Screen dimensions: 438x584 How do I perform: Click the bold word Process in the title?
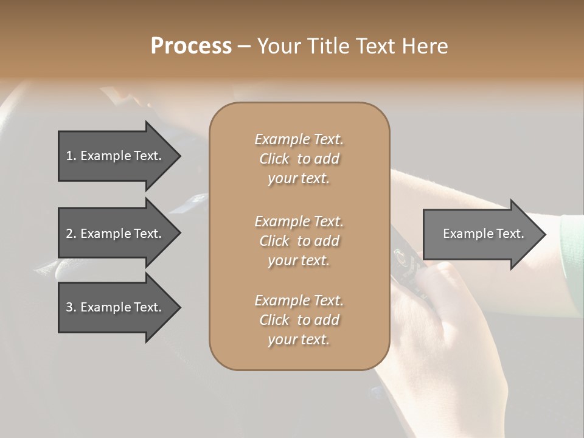pyautogui.click(x=191, y=46)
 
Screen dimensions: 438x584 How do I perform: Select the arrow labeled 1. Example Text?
pyautogui.click(x=116, y=156)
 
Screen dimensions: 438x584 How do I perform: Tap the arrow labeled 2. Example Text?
pyautogui.click(x=116, y=234)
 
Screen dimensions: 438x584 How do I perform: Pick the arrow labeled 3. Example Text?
pyautogui.click(x=116, y=307)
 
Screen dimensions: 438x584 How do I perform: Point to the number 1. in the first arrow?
pyautogui.click(x=71, y=156)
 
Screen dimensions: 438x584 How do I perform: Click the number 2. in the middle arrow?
pyautogui.click(x=71, y=234)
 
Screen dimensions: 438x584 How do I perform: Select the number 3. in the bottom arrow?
pyautogui.click(x=71, y=307)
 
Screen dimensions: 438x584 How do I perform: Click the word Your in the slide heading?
pyautogui.click(x=279, y=46)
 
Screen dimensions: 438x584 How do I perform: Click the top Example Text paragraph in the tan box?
pyautogui.click(x=299, y=159)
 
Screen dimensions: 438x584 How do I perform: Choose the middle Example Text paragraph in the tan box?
pyautogui.click(x=299, y=240)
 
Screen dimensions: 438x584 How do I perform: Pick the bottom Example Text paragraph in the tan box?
pyautogui.click(x=299, y=320)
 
